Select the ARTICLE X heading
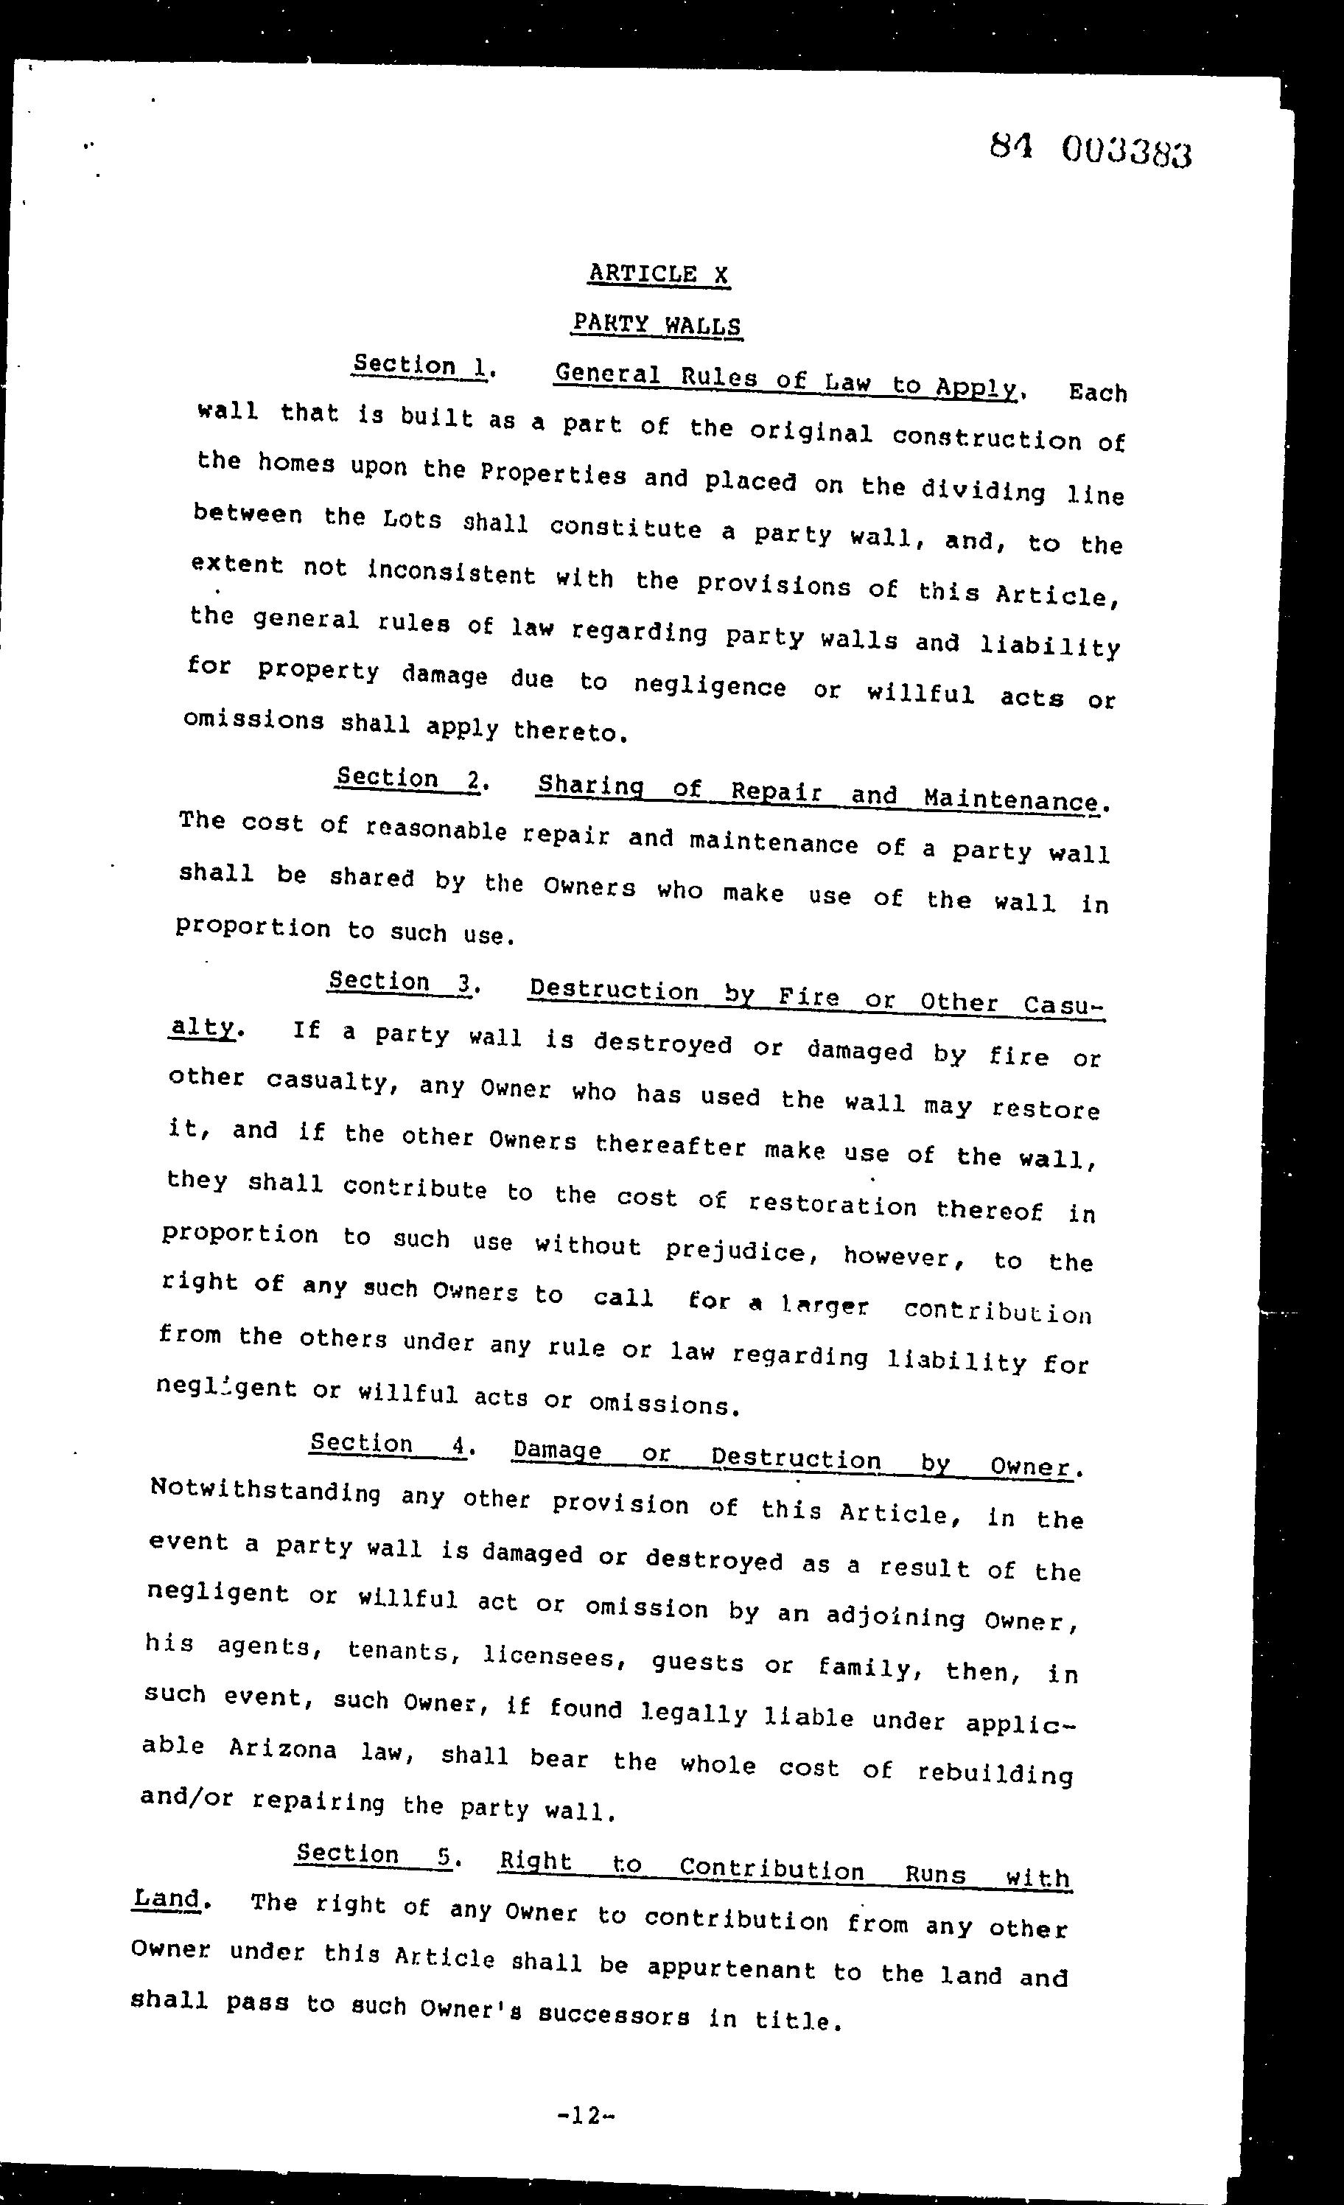tap(659, 273)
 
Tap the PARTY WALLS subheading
tap(657, 324)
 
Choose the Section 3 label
tap(400, 982)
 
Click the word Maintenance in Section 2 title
tap(1010, 797)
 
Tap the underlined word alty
tap(202, 1028)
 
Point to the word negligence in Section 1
tap(710, 686)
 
